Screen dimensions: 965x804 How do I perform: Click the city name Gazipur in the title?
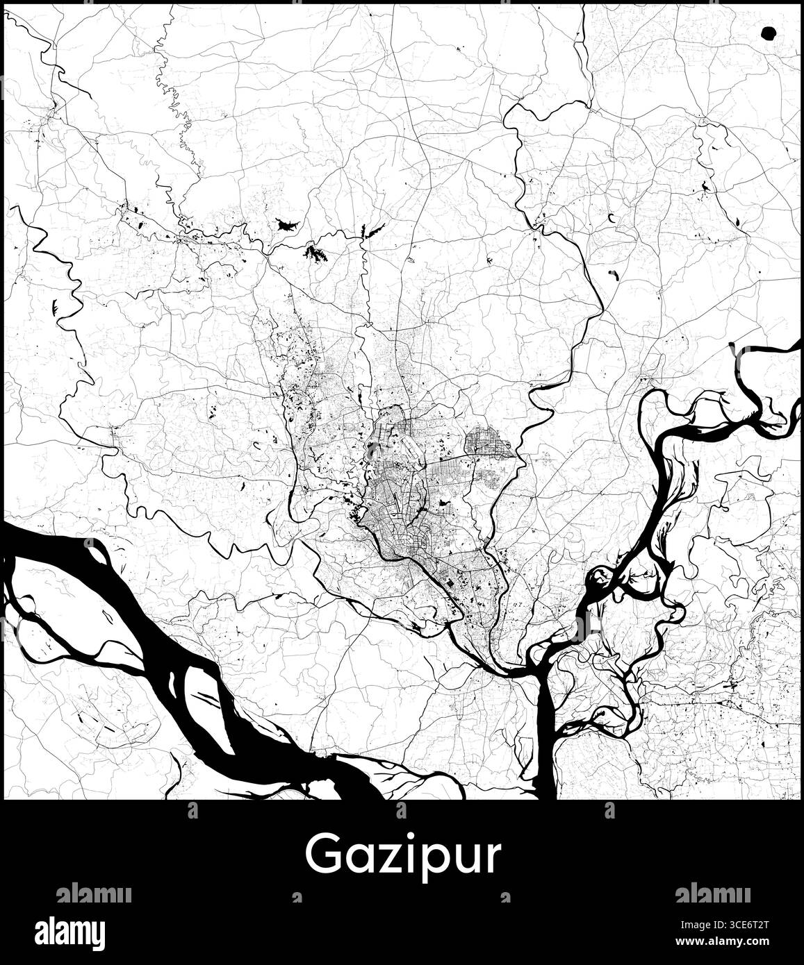click(402, 856)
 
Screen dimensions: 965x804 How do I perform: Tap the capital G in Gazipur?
click(322, 855)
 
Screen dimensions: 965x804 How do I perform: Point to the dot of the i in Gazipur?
click(399, 839)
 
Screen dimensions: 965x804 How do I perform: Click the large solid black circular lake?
click(768, 32)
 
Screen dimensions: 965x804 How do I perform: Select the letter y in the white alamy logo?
click(97, 934)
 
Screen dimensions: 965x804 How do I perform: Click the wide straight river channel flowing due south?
click(545, 736)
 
